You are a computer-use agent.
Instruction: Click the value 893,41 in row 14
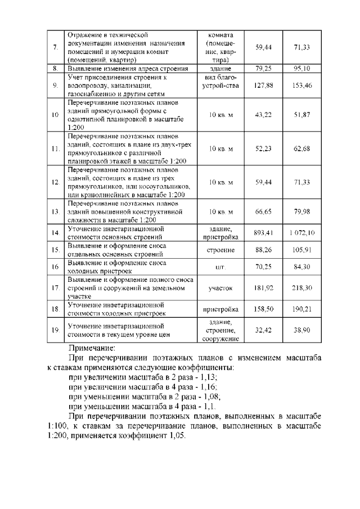(263, 232)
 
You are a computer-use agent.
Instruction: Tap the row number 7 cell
(56, 47)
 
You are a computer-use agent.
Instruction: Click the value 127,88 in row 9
(263, 85)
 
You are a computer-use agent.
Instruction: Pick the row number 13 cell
(56, 211)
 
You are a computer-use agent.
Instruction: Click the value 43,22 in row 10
(263, 115)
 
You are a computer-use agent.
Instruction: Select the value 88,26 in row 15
(263, 249)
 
